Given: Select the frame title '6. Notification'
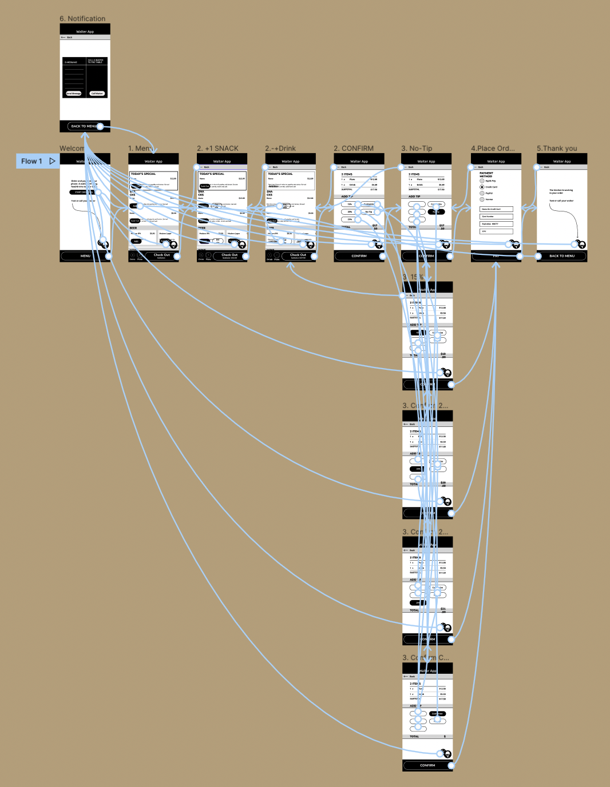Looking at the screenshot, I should click(x=82, y=19).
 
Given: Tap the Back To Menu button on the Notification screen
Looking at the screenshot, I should click(x=84, y=126).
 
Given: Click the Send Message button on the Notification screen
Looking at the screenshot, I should click(x=74, y=93).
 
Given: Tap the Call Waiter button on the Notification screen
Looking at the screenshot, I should click(x=97, y=93).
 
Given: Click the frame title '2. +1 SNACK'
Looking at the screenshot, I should click(x=217, y=149).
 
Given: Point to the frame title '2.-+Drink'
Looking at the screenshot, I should click(x=280, y=149).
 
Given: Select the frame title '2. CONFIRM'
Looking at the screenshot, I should click(x=354, y=149).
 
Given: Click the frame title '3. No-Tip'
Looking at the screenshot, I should click(x=417, y=149).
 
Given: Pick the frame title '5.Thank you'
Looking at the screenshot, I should click(x=557, y=149).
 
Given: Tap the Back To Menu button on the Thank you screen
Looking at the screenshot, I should click(x=562, y=256).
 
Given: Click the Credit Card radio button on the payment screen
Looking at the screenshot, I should click(x=482, y=187).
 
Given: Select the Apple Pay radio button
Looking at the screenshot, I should click(x=482, y=181).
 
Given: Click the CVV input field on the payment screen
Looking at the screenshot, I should click(x=496, y=231).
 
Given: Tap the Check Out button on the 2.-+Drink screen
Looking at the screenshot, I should click(x=298, y=256).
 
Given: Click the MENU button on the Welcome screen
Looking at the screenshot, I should click(x=85, y=256).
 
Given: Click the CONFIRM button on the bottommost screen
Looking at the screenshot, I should click(x=427, y=765).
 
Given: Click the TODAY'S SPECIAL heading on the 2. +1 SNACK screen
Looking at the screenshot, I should click(x=212, y=174).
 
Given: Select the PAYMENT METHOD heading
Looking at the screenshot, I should click(x=486, y=174).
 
